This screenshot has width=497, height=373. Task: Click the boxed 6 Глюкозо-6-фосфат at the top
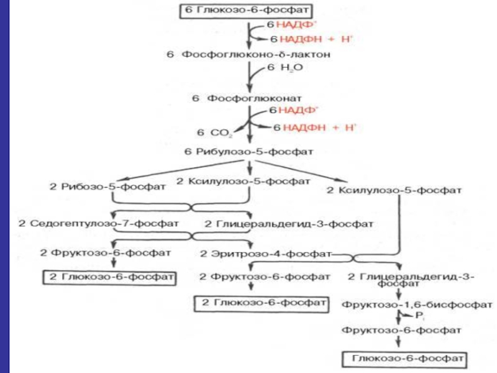pos(246,11)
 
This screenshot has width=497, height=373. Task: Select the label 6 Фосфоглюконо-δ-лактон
pos(248,55)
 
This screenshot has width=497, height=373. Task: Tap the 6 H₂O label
pos(285,68)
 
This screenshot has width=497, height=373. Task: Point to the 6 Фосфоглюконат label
pos(247,98)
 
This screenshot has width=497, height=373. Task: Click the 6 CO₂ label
pos(214,132)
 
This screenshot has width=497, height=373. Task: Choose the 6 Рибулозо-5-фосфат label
pos(249,152)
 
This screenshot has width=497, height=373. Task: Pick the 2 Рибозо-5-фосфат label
pos(107,186)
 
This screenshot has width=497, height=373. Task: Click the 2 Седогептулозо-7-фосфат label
pos(99,224)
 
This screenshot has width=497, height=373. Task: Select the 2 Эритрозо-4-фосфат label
pos(266,254)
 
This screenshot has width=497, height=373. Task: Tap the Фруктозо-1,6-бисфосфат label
pos(417,305)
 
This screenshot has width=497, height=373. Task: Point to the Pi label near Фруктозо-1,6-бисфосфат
pos(419,316)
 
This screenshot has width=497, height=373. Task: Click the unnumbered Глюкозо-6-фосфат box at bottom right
pos(405,359)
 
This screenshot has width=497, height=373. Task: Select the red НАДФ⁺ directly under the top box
pos(297,24)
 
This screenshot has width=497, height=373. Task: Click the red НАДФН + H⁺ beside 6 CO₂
pos(319,127)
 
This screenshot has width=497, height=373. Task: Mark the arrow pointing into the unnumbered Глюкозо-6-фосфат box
pos(398,342)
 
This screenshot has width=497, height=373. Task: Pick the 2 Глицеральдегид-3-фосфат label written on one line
pos(289,224)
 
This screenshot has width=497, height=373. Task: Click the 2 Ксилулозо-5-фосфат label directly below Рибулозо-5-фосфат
pos(243,182)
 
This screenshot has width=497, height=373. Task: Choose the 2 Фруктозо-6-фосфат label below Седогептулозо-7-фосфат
pos(105,253)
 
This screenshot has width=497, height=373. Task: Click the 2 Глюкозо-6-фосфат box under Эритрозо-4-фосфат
pos(261,304)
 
